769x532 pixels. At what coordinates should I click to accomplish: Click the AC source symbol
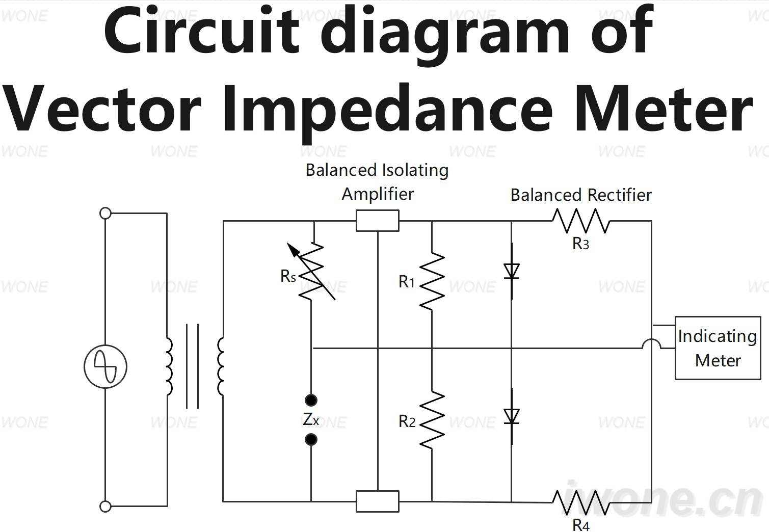[x=105, y=366]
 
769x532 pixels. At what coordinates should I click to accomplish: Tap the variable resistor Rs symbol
[x=311, y=271]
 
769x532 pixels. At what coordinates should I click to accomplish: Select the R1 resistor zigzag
[x=432, y=281]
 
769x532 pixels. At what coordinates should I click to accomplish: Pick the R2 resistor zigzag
[x=432, y=419]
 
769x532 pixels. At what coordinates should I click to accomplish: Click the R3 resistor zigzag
[x=581, y=221]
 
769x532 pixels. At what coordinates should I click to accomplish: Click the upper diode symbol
[x=512, y=271]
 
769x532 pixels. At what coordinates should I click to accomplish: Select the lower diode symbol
[x=512, y=416]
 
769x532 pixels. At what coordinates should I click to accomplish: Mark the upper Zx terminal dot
[x=311, y=400]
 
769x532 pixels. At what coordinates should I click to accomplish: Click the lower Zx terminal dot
[x=311, y=439]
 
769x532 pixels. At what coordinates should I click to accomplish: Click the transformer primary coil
[x=169, y=366]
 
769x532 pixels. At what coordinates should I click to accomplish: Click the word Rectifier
[x=620, y=195]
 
